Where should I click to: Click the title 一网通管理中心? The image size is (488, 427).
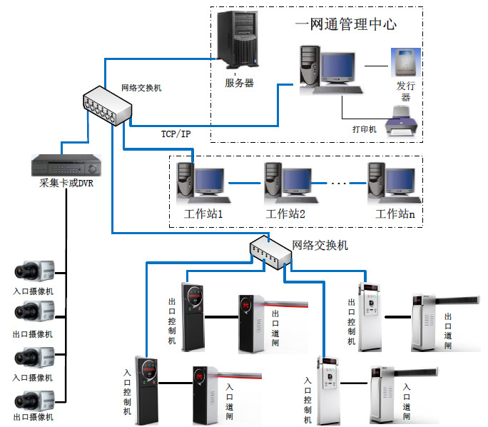point(345,24)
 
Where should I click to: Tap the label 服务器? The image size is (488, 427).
point(239,84)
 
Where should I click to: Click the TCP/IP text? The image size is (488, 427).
point(176,134)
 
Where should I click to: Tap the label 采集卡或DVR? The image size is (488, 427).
point(66,184)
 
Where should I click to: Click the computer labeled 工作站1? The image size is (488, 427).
point(200,182)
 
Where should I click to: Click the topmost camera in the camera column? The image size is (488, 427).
point(34,271)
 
